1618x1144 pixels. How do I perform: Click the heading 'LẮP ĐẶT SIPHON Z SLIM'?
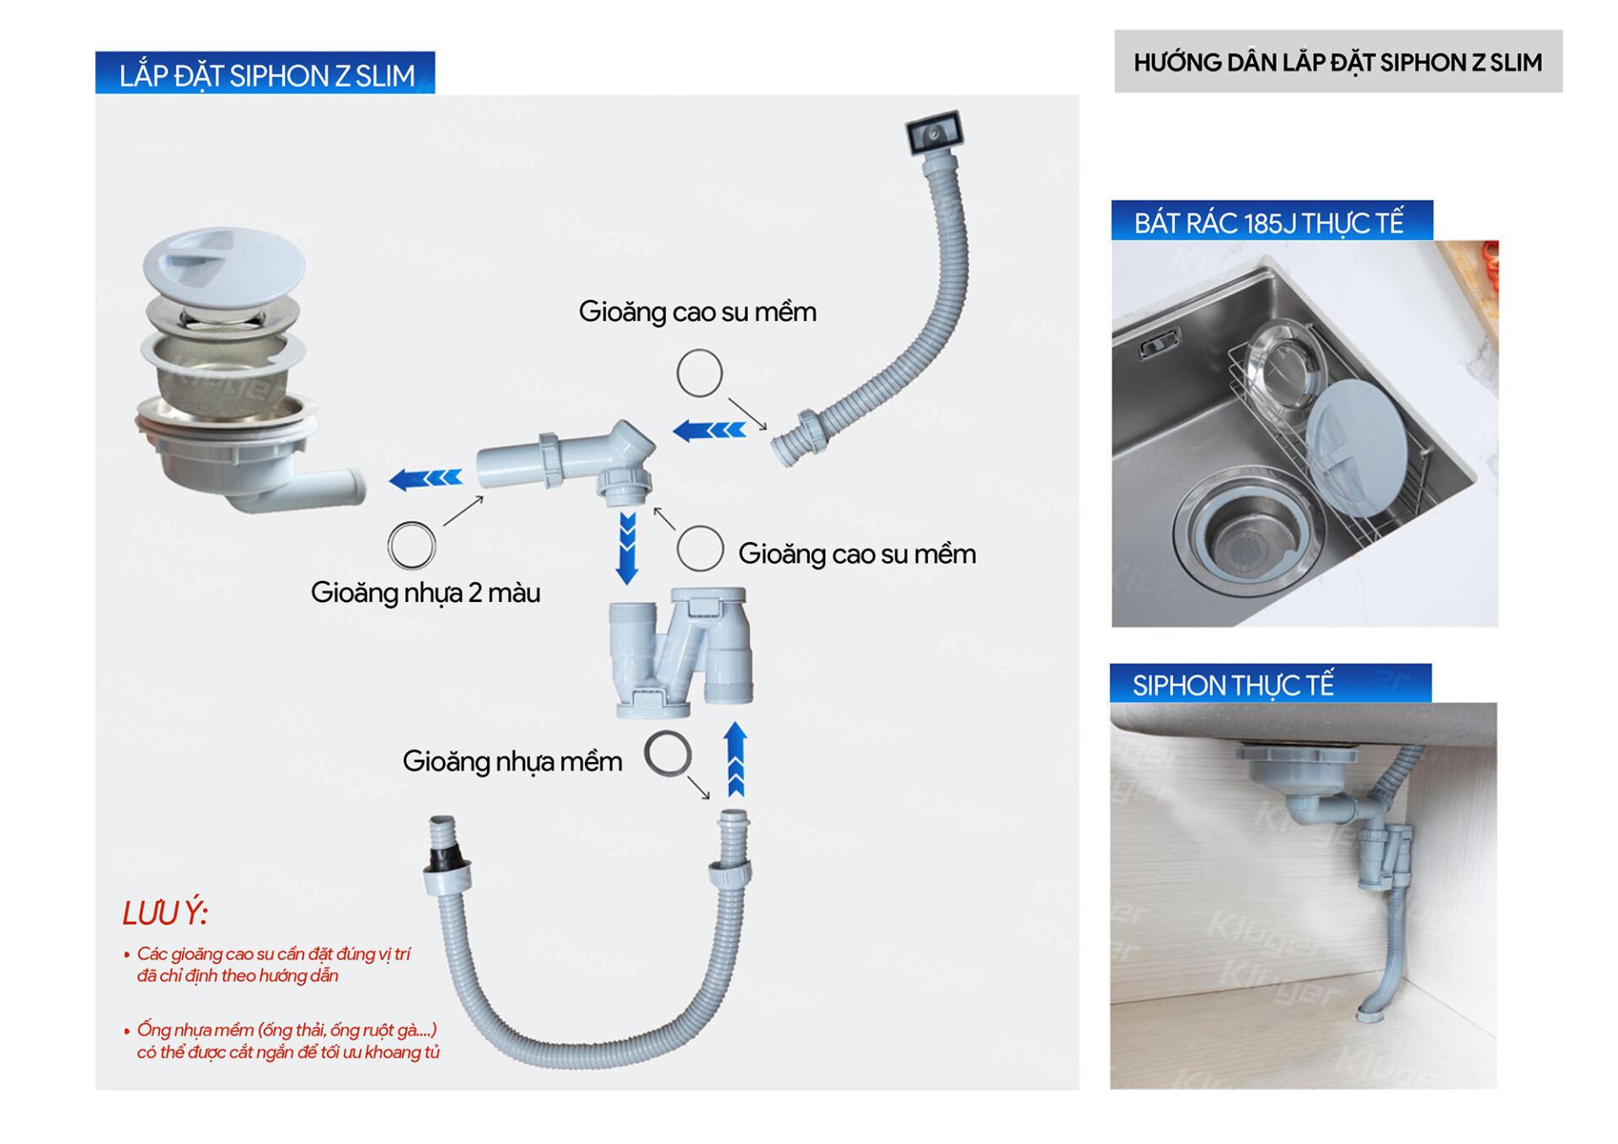265,75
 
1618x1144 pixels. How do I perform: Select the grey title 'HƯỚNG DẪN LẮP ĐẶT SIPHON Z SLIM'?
1337,62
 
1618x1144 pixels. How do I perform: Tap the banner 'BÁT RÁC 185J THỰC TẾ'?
1269,223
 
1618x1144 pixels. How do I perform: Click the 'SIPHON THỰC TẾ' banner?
1232,685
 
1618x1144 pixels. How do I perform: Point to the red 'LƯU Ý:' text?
165,913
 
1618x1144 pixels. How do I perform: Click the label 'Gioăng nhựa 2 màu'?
426,593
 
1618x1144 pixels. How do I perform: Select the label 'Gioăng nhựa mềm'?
512,761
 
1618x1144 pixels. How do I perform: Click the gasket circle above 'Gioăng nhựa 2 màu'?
411,545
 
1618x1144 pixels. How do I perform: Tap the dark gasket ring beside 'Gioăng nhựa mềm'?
667,753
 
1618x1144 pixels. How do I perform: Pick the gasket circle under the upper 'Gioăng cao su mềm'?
699,373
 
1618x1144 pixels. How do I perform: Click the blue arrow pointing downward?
627,548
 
